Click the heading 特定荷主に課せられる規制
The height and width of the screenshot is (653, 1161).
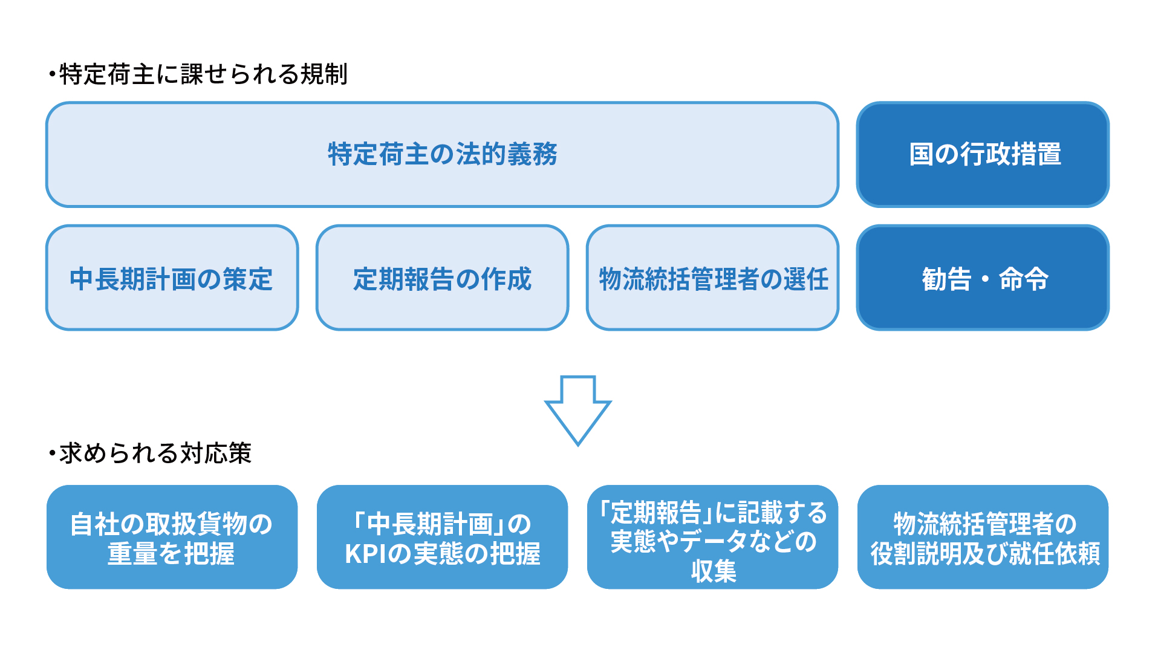pyautogui.click(x=203, y=74)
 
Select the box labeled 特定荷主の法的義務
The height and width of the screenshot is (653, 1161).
pyautogui.click(x=442, y=154)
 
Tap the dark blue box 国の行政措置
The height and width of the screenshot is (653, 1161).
pyautogui.click(x=983, y=154)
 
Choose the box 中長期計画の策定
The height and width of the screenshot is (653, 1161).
pyautogui.click(x=172, y=278)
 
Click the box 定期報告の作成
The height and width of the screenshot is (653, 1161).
pyautogui.click(x=442, y=278)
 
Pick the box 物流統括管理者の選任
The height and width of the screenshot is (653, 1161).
pyautogui.click(x=712, y=278)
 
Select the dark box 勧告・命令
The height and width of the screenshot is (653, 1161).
pyautogui.click(x=983, y=278)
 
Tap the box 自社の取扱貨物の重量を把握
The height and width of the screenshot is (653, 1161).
pyautogui.click(x=172, y=537)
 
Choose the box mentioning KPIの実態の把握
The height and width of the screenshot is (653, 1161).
pyautogui.click(x=442, y=537)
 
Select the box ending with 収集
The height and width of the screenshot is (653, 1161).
pyautogui.click(x=712, y=537)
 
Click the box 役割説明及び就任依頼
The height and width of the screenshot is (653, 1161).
pyautogui.click(x=983, y=537)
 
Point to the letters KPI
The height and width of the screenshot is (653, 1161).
pyautogui.click(x=365, y=554)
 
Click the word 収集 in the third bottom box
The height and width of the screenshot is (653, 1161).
pyautogui.click(x=714, y=571)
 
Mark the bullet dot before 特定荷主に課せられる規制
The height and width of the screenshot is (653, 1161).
pyautogui.click(x=52, y=74)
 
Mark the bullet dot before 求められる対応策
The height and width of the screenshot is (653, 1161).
pyautogui.click(x=52, y=453)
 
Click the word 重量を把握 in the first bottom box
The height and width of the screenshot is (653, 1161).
pyautogui.click(x=171, y=554)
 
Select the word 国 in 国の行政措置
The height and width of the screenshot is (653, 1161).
pyautogui.click(x=922, y=154)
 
